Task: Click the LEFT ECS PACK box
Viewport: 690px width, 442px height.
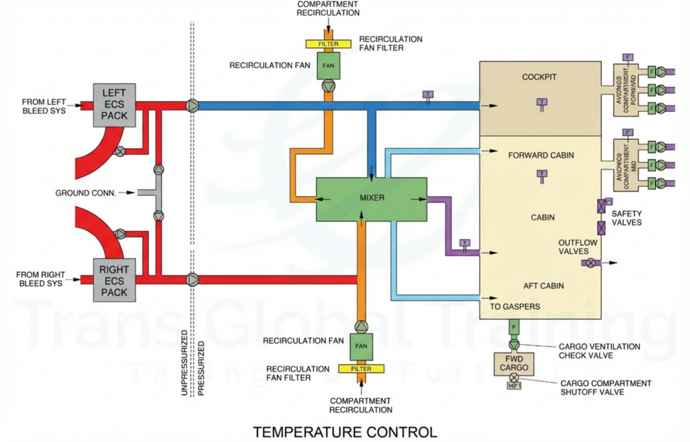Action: pyautogui.click(x=114, y=106)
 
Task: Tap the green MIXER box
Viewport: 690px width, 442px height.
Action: pyautogui.click(x=372, y=198)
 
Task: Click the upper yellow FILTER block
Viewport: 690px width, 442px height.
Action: pyautogui.click(x=328, y=44)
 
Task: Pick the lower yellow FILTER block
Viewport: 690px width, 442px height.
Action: pyautogui.click(x=361, y=369)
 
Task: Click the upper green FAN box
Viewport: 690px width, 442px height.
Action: pyautogui.click(x=328, y=65)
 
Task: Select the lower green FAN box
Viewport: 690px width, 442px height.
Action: pyautogui.click(x=361, y=346)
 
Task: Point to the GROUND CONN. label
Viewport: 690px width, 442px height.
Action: pyautogui.click(x=86, y=193)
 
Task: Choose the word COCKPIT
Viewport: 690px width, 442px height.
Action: pyautogui.click(x=540, y=77)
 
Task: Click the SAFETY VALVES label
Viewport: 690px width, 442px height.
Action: pyautogui.click(x=626, y=218)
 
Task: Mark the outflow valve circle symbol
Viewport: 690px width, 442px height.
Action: pyautogui.click(x=591, y=262)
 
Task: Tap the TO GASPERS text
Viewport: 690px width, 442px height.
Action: pyautogui.click(x=515, y=307)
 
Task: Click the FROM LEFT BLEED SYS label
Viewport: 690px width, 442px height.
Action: pyautogui.click(x=44, y=106)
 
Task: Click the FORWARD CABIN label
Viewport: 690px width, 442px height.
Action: pyautogui.click(x=542, y=156)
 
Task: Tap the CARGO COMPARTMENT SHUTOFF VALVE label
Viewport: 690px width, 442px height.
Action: pyautogui.click(x=606, y=387)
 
